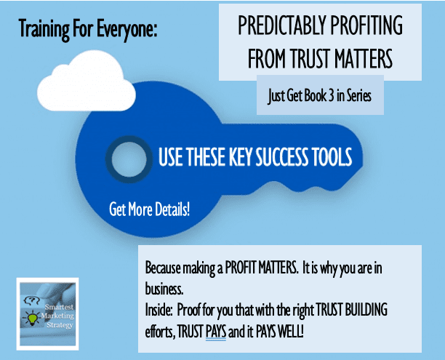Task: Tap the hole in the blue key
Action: click(129, 159)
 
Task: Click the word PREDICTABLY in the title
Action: click(282, 25)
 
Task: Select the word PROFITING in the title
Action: click(366, 25)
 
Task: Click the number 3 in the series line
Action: click(331, 96)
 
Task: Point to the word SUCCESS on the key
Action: click(282, 156)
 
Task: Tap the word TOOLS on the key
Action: click(332, 156)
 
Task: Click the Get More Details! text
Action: click(149, 209)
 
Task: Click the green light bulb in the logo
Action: click(32, 318)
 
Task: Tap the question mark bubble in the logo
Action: click(31, 300)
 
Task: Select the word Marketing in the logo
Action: click(57, 316)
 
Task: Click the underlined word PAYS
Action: click(216, 332)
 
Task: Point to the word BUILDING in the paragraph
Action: click(366, 310)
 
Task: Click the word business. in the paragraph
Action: click(164, 289)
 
